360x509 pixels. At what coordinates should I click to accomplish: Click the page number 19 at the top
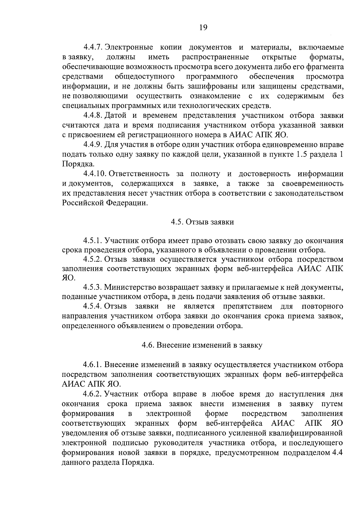click(203, 28)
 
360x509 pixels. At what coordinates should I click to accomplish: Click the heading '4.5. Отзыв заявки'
click(202, 222)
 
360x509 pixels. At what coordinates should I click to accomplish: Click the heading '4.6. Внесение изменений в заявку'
click(202, 345)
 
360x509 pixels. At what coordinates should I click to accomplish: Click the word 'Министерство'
click(131, 287)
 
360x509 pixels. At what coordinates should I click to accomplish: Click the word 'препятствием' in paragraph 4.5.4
click(248, 307)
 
